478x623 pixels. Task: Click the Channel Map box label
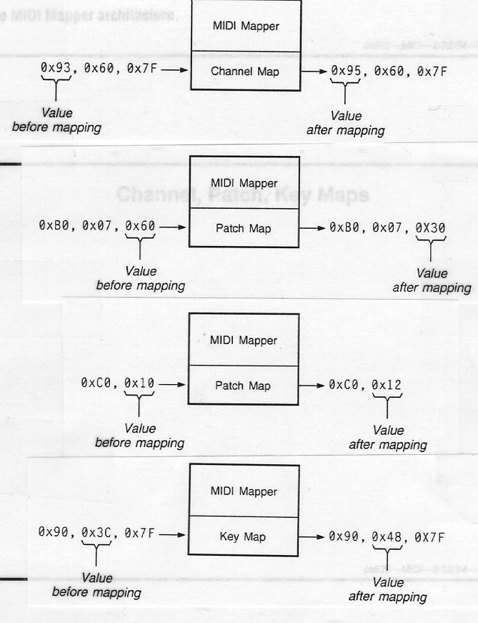[x=245, y=72]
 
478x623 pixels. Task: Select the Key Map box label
[x=244, y=536]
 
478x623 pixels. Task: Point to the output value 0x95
[x=346, y=72]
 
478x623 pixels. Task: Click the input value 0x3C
[x=96, y=533]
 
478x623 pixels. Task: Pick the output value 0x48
[x=386, y=536]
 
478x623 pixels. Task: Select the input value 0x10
[x=139, y=383]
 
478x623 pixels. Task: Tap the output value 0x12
[x=387, y=385]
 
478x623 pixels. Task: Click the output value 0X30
[x=430, y=227]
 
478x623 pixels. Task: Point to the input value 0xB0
[x=53, y=225]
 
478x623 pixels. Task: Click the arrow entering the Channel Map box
[x=180, y=69]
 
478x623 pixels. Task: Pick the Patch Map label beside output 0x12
[x=244, y=386]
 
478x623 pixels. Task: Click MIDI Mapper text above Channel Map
[x=246, y=26]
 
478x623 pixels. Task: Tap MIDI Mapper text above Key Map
[x=244, y=491]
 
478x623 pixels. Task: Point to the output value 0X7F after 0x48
[x=429, y=536]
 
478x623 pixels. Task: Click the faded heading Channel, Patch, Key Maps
[x=243, y=195]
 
